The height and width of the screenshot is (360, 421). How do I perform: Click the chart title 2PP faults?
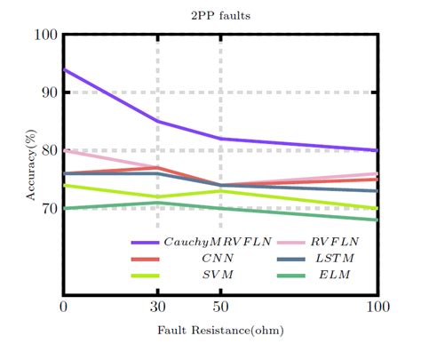tap(221, 15)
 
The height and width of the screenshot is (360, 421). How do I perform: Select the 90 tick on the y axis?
tap(49, 92)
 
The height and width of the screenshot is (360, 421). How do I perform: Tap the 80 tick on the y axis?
tap(49, 150)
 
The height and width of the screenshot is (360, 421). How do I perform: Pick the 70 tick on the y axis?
tap(49, 208)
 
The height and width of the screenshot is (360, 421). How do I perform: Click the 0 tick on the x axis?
tap(63, 308)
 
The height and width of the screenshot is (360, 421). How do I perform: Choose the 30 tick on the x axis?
tap(158, 308)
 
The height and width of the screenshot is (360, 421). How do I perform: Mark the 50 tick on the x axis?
tap(221, 308)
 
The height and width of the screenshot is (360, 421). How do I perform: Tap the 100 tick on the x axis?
tap(378, 308)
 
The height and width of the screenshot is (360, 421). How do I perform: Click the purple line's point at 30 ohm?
tap(158, 121)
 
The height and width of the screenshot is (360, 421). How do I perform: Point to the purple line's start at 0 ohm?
tap(64, 69)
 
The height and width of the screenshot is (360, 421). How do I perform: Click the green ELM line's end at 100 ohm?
tap(378, 220)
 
